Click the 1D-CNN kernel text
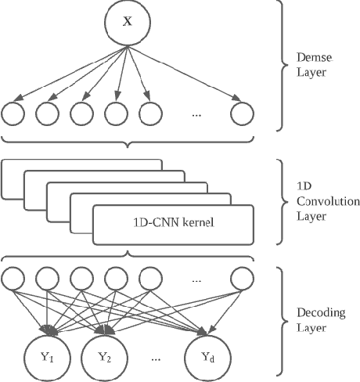(x=173, y=224)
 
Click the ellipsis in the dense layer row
(x=196, y=114)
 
